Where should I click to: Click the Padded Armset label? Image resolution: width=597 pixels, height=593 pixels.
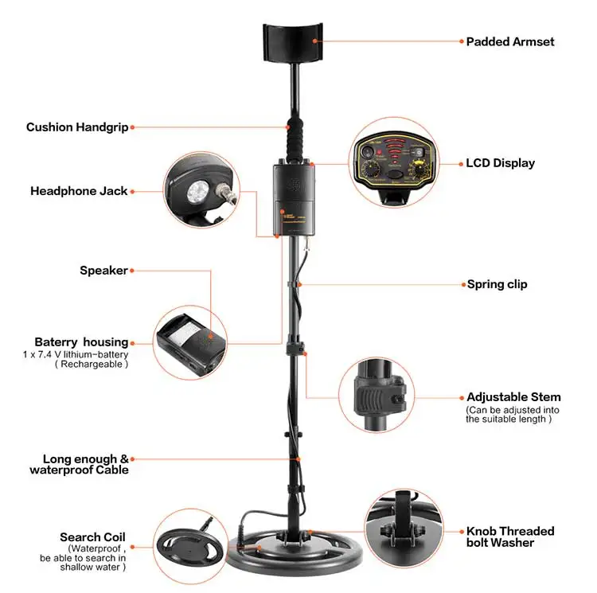509,41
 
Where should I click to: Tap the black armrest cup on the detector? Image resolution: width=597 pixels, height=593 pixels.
293,42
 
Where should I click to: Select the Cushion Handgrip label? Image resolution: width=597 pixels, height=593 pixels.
77,127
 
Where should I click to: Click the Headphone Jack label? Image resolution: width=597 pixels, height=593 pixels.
79,191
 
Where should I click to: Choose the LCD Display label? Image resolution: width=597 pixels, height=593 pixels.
501,163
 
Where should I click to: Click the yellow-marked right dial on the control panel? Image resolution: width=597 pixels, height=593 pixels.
419,169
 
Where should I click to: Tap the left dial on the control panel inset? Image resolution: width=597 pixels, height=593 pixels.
369,169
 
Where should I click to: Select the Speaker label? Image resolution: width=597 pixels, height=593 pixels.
103,271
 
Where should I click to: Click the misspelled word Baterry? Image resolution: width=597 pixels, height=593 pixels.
56,342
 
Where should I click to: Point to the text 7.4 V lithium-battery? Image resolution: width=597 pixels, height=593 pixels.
83,355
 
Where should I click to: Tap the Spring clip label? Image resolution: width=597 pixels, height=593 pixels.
497,284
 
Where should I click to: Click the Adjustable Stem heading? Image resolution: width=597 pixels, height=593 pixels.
513,397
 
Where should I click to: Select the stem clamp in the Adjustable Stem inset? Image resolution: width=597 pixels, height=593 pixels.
379,396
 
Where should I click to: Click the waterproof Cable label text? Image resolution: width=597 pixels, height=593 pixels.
79,470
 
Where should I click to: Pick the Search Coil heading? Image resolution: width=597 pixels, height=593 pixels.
92,537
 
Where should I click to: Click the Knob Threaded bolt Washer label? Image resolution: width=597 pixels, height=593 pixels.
510,536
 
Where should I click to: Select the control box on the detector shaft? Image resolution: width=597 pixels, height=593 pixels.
294,200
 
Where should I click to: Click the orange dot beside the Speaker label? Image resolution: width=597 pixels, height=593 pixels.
132,271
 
